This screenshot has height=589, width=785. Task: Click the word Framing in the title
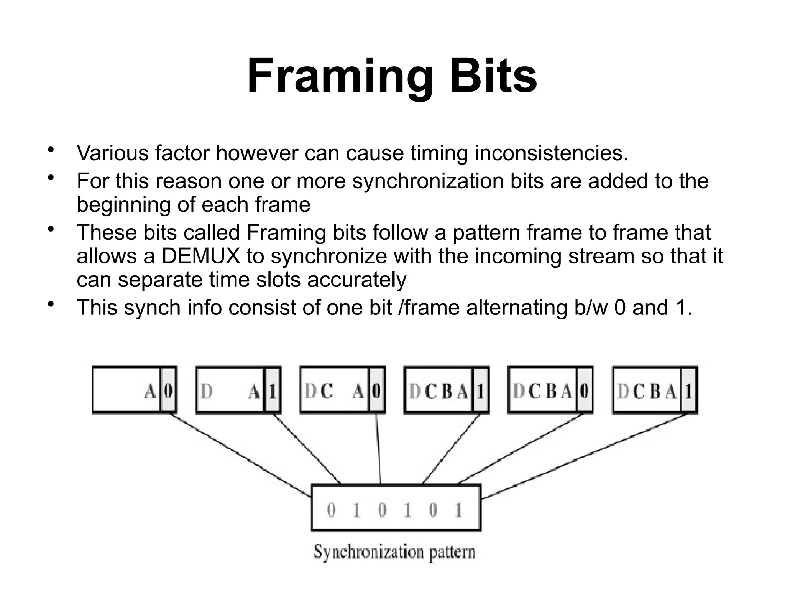click(x=340, y=77)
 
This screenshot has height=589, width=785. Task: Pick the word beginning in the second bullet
click(x=124, y=204)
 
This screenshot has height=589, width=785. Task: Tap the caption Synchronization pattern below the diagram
click(x=394, y=553)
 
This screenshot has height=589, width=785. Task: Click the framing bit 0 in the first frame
click(x=168, y=391)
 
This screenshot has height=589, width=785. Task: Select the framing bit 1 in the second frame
click(x=272, y=391)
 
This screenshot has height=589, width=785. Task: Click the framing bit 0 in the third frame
click(x=376, y=391)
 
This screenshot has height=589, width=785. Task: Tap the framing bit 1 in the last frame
click(x=689, y=391)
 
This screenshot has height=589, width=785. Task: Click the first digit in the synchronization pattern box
click(x=331, y=510)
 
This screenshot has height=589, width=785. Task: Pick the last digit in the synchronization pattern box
click(x=458, y=510)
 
